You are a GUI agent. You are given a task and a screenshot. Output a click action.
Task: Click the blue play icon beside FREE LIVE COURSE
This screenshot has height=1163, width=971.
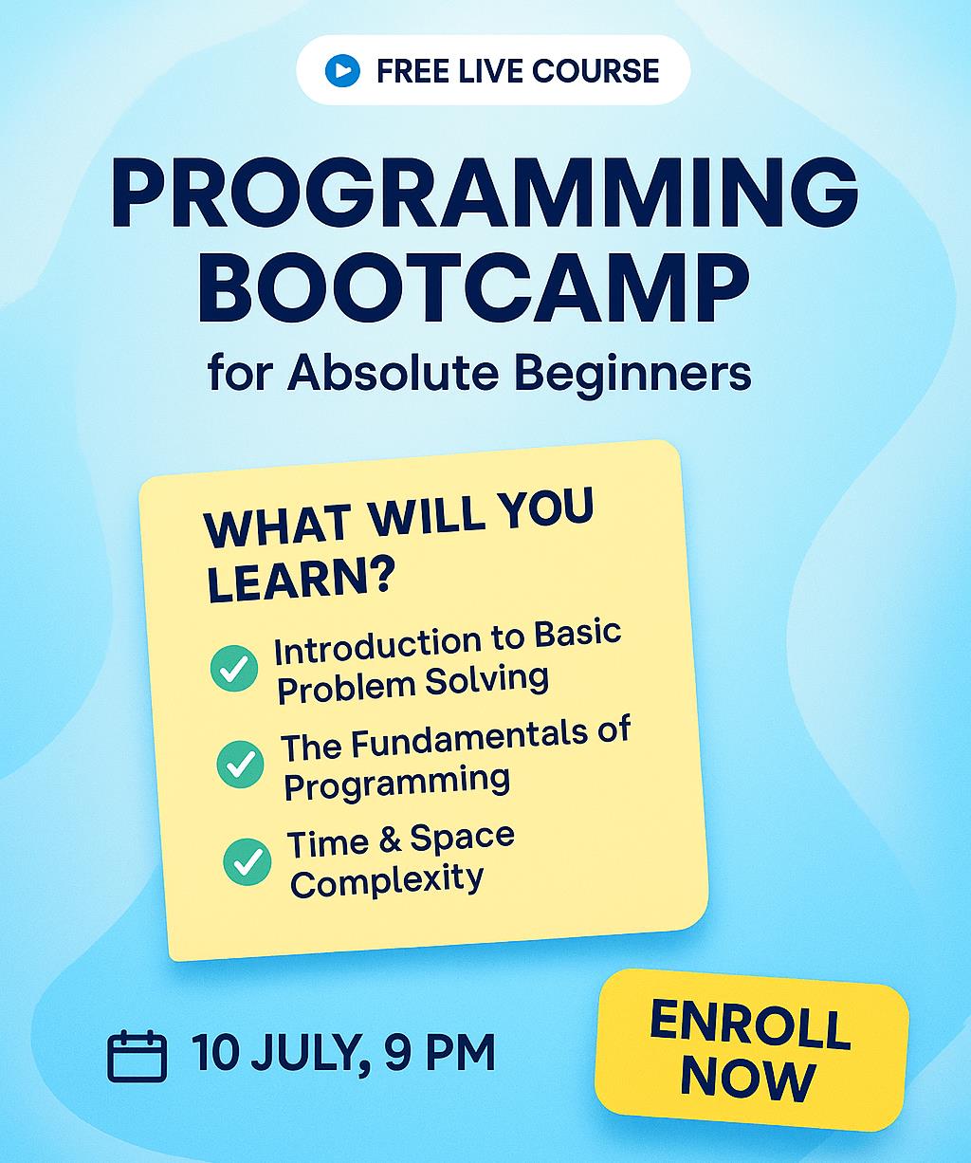point(342,71)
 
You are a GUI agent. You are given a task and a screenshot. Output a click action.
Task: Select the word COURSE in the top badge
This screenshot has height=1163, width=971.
point(595,71)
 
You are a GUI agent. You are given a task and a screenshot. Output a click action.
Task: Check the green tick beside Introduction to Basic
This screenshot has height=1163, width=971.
point(234,668)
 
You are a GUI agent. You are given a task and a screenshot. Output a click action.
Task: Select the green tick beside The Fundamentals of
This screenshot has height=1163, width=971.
point(240,764)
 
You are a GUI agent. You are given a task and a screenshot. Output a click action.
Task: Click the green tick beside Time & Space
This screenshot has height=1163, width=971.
point(247,861)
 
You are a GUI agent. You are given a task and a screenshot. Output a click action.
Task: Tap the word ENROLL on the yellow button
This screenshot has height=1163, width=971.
point(750,1025)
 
